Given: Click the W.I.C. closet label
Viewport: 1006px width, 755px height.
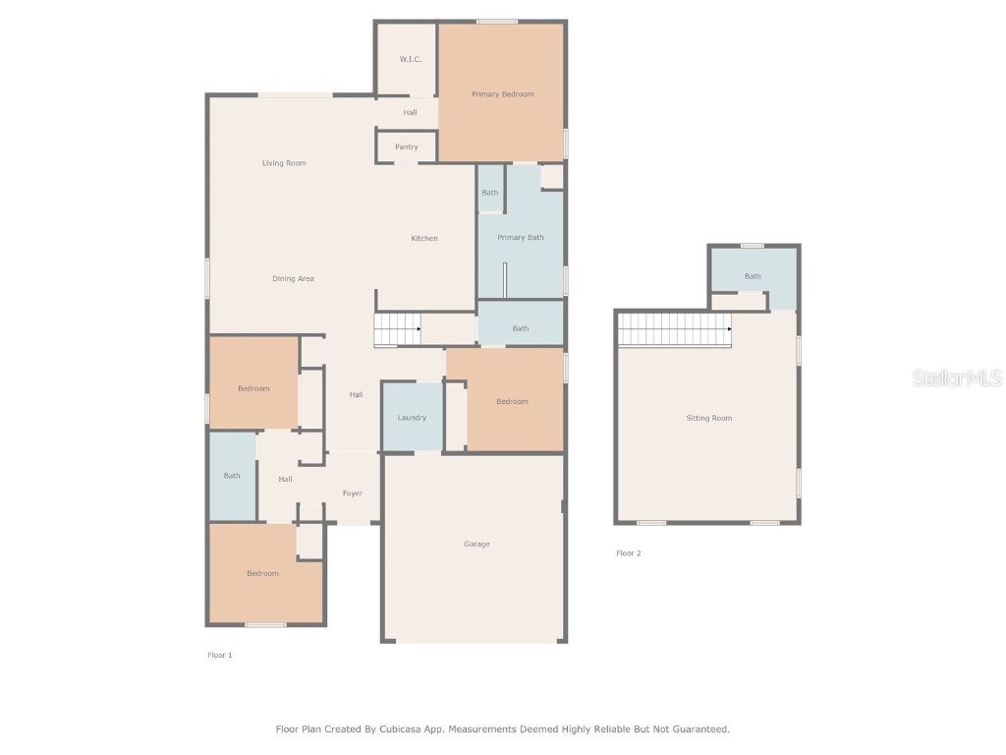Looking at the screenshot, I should [410, 60].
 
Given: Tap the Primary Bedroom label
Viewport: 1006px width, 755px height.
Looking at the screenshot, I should [502, 94].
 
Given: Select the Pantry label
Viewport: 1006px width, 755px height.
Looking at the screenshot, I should [406, 147].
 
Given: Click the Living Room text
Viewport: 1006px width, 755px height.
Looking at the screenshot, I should [284, 163].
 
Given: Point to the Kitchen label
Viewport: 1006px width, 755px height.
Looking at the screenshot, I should [424, 239].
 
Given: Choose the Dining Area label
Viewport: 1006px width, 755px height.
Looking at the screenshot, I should [293, 279].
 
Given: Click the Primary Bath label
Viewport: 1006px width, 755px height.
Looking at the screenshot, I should [520, 238].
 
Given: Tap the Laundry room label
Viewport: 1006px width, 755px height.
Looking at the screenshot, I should [412, 418].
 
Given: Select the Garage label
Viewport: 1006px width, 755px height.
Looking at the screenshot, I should [476, 545].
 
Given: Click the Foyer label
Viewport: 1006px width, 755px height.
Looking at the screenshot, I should [352, 494].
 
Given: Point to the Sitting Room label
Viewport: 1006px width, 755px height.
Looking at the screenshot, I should [708, 419].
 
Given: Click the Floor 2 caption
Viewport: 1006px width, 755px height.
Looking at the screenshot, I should [628, 553].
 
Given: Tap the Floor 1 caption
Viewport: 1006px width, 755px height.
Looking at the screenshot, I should [219, 655].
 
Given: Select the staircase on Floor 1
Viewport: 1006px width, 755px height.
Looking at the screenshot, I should [397, 329].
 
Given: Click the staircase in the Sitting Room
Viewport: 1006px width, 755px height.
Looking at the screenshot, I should [674, 329].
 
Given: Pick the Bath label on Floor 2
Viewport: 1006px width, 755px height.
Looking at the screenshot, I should [752, 277].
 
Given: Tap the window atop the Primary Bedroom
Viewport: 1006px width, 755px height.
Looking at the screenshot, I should [497, 22].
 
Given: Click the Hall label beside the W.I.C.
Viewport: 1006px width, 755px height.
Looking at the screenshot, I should [410, 113].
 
